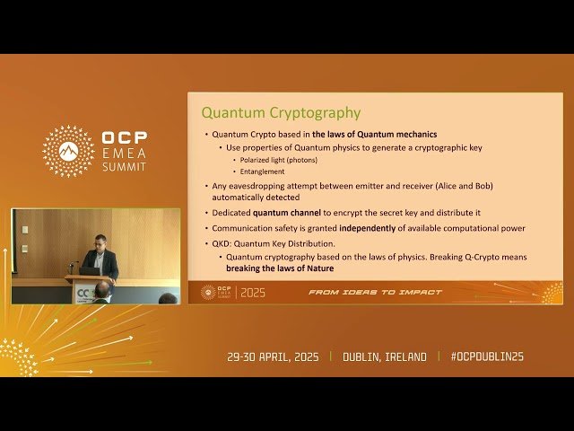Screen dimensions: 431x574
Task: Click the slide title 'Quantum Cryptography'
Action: pos(281,113)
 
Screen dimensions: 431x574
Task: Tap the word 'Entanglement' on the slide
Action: pos(262,171)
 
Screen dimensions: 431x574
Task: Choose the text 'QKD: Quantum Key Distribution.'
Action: pos(273,242)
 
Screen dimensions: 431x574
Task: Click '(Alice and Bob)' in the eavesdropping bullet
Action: pos(463,186)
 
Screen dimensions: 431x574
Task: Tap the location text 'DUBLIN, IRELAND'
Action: pos(385,356)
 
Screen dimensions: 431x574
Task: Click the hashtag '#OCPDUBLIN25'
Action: pos(487,356)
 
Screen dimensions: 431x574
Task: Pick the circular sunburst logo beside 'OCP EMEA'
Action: pos(69,151)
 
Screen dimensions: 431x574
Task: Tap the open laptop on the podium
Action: pos(90,269)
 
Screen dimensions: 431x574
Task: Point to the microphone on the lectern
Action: pos(73,265)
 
